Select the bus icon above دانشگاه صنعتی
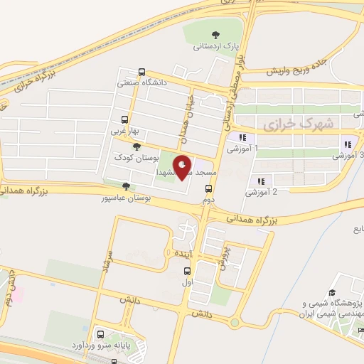click(x=141, y=72)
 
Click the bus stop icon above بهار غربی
click(x=125, y=119)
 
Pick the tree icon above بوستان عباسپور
click(x=126, y=186)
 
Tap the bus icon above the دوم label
click(x=208, y=188)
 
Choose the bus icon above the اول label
click(x=187, y=271)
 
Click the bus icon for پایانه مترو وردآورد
click(x=100, y=333)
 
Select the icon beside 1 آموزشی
click(x=243, y=137)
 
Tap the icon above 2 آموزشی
click(x=261, y=181)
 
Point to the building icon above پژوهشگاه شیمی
click(x=331, y=293)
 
